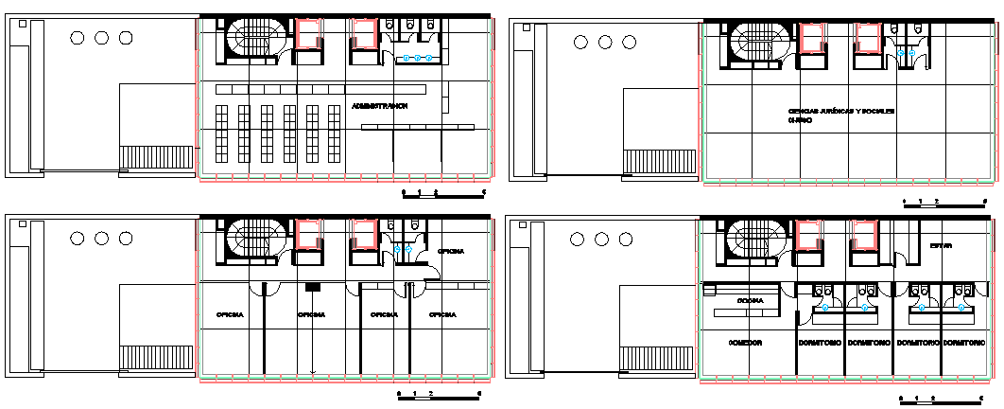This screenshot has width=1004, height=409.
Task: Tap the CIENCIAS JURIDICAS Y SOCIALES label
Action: click(x=840, y=112)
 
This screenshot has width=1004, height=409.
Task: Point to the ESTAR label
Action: click(x=940, y=246)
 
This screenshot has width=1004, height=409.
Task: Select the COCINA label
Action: click(x=751, y=300)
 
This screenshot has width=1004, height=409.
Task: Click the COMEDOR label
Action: click(x=745, y=342)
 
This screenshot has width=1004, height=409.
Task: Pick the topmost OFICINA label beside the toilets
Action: click(x=450, y=251)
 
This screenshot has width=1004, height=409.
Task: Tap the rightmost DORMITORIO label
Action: click(x=964, y=342)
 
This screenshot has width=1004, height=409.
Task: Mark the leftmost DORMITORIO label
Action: click(x=820, y=342)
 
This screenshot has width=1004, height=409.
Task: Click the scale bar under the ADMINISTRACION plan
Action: click(x=443, y=193)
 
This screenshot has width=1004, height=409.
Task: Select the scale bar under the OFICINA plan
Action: click(x=440, y=393)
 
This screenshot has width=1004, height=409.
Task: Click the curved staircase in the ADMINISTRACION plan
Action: click(x=251, y=42)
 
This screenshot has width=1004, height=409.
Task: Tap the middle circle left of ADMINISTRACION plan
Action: click(x=101, y=38)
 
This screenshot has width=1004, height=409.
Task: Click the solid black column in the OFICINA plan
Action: click(x=312, y=286)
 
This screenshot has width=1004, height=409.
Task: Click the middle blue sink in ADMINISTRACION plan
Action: click(x=418, y=59)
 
